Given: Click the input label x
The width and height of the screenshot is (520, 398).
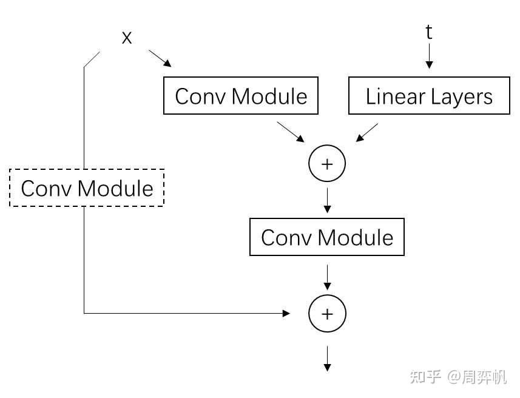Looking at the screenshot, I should click(127, 38).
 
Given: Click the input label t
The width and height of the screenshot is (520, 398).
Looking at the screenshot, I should click(429, 32).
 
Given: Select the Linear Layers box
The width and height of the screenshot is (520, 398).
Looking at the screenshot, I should click(429, 95).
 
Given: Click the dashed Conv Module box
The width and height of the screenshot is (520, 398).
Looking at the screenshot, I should click(87, 188).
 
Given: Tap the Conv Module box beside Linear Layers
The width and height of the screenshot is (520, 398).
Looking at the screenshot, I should click(241, 95).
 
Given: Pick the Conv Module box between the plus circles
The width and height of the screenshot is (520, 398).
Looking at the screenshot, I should click(327, 237).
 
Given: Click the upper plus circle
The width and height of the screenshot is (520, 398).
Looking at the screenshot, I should click(327, 164).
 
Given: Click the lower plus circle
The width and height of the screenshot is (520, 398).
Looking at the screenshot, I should click(327, 313).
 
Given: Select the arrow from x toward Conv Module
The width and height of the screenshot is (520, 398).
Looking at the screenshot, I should click(160, 58).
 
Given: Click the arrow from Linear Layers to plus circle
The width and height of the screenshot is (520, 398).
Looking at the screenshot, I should click(367, 133).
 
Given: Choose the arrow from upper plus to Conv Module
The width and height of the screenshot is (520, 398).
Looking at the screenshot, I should click(327, 200).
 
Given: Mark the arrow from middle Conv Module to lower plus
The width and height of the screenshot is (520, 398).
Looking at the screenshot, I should click(327, 277).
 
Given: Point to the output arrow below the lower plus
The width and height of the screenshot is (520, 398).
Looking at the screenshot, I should click(327, 359).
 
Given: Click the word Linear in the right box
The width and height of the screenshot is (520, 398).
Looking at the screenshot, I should click(395, 96).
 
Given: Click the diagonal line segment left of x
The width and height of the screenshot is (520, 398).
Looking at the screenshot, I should click(92, 59).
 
